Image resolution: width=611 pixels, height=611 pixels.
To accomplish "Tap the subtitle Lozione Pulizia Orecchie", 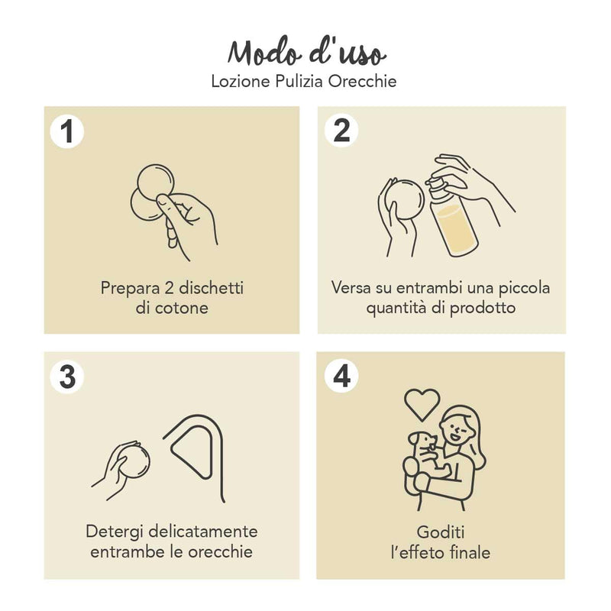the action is click(304, 81).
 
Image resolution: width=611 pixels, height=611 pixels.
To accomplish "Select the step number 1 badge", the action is click(67, 131).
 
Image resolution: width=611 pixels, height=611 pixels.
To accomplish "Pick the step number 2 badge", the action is click(341, 131).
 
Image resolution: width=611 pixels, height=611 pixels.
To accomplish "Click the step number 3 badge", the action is click(67, 377).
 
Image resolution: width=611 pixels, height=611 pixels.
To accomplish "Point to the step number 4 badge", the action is click(341, 376).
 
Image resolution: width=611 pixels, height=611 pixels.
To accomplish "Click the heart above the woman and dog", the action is click(422, 405).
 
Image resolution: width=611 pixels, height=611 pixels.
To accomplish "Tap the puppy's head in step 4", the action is click(423, 441).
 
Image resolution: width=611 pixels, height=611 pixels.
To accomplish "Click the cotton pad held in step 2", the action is click(404, 202).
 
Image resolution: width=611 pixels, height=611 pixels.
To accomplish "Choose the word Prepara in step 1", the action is click(130, 289).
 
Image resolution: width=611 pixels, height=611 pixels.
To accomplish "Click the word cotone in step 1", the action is click(182, 309).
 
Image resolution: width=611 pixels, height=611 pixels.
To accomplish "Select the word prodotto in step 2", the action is click(483, 308).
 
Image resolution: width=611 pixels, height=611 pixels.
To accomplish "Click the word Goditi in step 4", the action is click(441, 532).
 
